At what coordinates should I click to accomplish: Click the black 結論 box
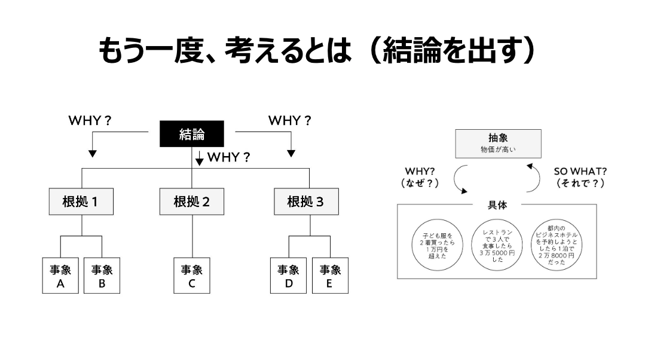(x=191, y=134)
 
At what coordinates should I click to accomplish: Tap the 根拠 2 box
(x=191, y=202)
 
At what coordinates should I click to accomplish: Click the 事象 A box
(x=60, y=276)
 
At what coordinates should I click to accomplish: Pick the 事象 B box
(x=102, y=276)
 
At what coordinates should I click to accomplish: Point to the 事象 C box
(x=192, y=276)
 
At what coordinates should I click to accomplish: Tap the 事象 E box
(x=330, y=276)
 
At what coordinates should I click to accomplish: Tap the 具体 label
(x=497, y=205)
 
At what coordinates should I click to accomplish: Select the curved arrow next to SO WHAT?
(x=534, y=178)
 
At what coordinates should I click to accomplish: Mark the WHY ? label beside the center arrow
(x=228, y=158)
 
